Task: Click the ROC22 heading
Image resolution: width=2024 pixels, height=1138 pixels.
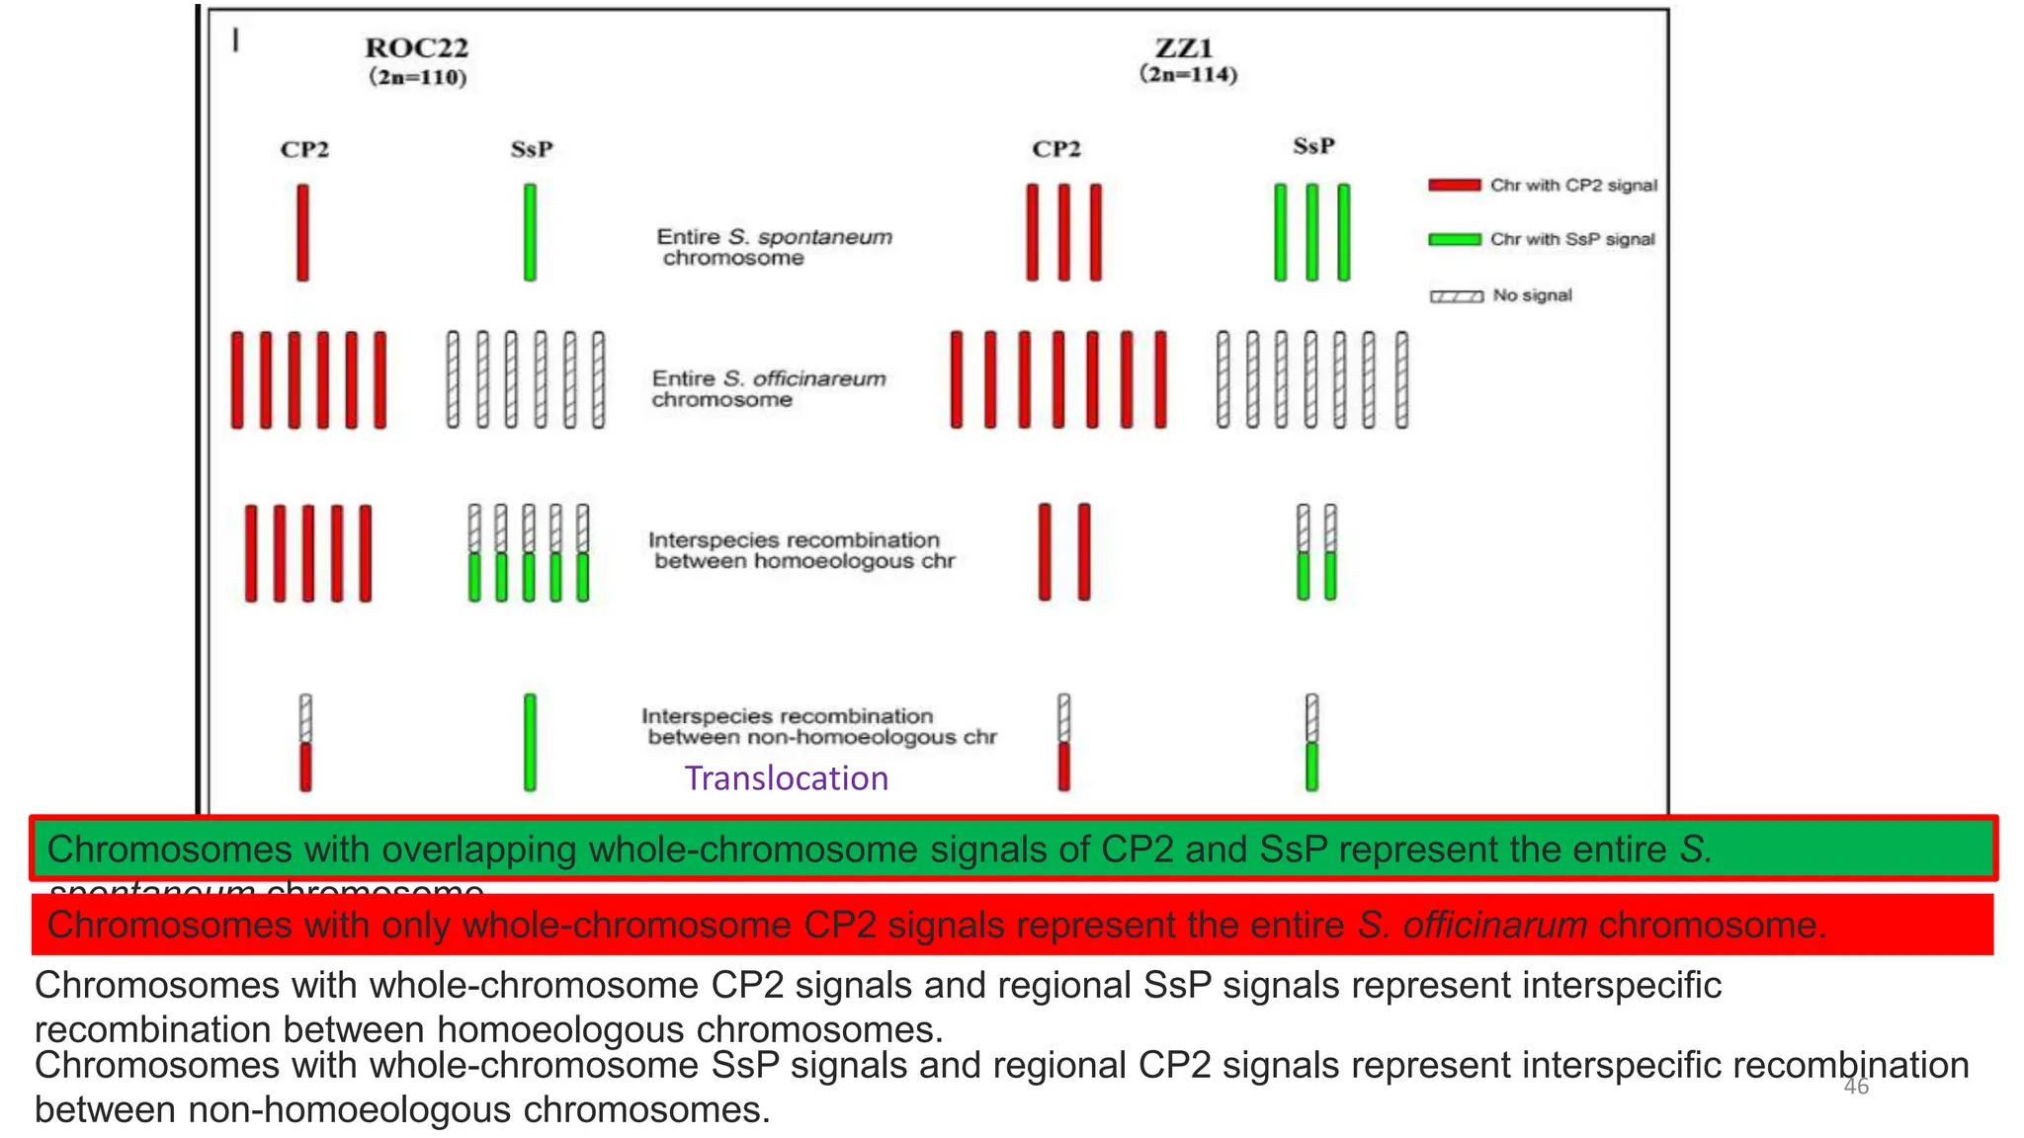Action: tap(416, 47)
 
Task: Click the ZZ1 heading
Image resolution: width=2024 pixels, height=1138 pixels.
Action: tap(1184, 47)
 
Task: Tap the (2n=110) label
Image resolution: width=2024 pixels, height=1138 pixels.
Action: tap(417, 77)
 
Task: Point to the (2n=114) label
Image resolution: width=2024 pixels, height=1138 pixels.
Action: tap(1188, 74)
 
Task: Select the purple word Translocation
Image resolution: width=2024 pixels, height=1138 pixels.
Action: tap(787, 778)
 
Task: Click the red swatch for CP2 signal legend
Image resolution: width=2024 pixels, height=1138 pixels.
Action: tap(1454, 185)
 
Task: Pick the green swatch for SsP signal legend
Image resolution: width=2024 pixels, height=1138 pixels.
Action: tap(1454, 239)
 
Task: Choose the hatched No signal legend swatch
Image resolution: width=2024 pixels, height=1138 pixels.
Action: tap(1456, 295)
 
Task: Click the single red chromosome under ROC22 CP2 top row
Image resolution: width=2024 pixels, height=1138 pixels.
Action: tap(302, 232)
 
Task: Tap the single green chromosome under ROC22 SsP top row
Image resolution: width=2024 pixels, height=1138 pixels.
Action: tap(531, 232)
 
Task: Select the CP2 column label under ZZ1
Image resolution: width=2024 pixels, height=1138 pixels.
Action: tap(1056, 149)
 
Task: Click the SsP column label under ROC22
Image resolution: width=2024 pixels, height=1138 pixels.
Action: tap(532, 149)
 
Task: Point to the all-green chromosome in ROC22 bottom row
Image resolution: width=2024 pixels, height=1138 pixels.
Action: tap(531, 742)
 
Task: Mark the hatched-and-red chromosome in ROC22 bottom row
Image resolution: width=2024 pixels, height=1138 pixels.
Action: tap(305, 742)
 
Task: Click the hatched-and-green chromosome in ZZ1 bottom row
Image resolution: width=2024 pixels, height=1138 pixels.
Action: tap(1311, 742)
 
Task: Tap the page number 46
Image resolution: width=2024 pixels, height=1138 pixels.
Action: tap(1856, 1087)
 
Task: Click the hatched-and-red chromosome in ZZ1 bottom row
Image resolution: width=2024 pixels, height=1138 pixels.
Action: tap(1064, 742)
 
